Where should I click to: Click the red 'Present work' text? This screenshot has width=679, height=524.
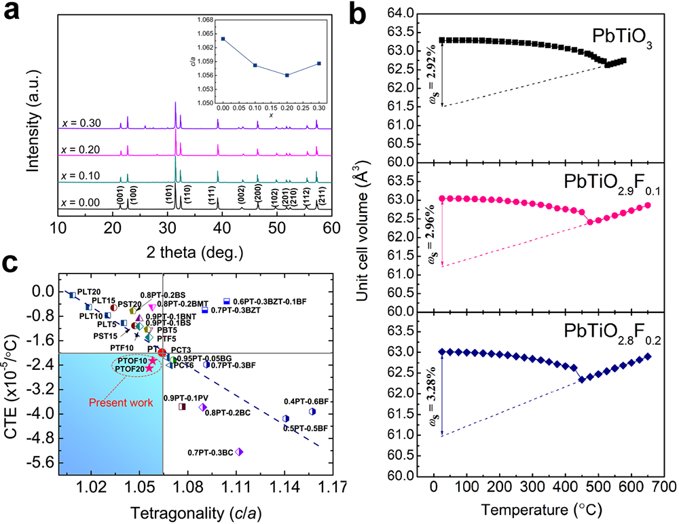coord(125,402)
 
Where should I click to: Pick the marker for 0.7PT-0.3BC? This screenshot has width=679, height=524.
coord(239,452)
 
